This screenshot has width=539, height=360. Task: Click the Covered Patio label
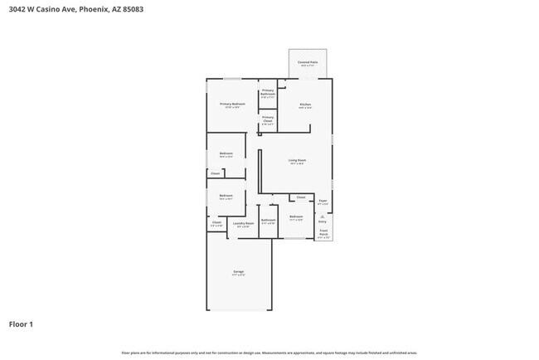tap(308, 62)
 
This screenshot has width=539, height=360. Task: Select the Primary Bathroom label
tap(268, 94)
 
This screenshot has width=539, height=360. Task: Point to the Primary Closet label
tap(268, 119)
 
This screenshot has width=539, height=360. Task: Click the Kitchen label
tap(305, 105)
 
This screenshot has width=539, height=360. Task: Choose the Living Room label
tap(297, 161)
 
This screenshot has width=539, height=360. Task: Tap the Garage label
tap(238, 272)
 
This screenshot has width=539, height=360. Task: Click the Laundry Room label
tap(243, 223)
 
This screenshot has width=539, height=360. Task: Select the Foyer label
tap(323, 201)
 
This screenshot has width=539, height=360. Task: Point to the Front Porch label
tap(323, 234)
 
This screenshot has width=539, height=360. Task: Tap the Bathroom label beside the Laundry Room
tap(268, 221)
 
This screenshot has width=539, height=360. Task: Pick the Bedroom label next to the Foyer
tap(296, 217)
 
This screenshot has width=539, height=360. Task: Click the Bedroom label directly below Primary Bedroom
tap(226, 153)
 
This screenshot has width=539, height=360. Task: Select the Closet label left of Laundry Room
tap(216, 222)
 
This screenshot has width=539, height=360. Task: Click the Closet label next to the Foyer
tap(301, 197)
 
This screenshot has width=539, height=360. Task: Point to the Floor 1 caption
tap(21, 324)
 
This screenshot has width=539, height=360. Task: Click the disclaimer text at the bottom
tap(269, 353)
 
